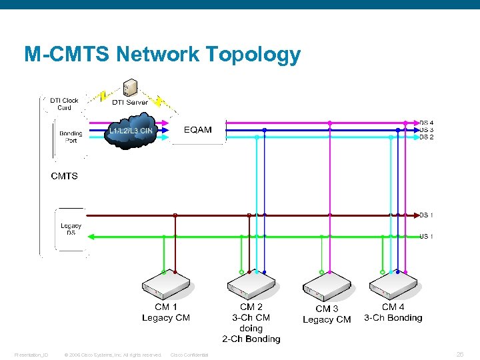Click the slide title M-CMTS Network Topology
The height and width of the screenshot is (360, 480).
click(162, 54)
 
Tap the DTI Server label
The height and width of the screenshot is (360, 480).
click(130, 102)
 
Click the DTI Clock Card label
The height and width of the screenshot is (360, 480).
click(64, 104)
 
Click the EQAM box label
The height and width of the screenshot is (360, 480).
click(198, 129)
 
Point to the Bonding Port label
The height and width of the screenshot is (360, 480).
click(71, 137)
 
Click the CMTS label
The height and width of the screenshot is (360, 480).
click(65, 176)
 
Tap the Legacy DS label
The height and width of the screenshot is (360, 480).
click(71, 229)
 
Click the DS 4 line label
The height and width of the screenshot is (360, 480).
click(427, 123)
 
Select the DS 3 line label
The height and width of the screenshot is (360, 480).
click(427, 130)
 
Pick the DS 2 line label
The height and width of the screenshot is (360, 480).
click(427, 137)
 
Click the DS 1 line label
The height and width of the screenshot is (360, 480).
click(427, 215)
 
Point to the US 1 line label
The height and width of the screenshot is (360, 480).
click(427, 236)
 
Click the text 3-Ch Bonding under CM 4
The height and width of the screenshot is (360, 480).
click(393, 318)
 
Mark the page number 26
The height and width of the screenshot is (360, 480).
click(459, 354)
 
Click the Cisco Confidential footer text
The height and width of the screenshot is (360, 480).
click(189, 355)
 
